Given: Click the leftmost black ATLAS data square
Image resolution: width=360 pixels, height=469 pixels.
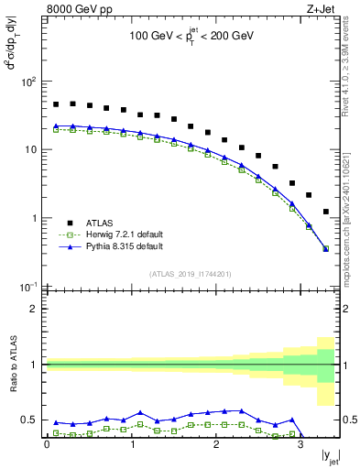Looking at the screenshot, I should tap(56, 104).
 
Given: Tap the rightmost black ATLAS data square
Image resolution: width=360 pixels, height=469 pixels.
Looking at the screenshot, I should tap(326, 212).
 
